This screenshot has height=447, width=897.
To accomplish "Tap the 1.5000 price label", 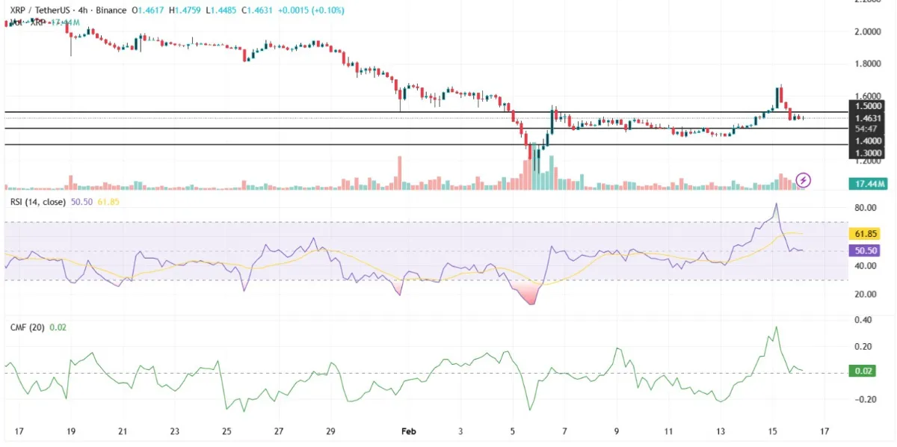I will click(x=867, y=106).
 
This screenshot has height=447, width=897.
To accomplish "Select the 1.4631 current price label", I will click(x=867, y=117).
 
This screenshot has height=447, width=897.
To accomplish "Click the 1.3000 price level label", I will click(x=867, y=152).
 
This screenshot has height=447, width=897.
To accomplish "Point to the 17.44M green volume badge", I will click(x=867, y=183).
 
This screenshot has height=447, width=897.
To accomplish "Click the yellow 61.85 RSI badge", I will click(x=867, y=234).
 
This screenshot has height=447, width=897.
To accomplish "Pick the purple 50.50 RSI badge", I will click(x=867, y=251).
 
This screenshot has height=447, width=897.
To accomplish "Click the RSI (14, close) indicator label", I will click(x=37, y=202).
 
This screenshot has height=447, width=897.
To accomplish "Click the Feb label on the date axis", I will click(x=408, y=431).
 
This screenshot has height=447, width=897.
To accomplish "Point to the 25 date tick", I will click(x=226, y=431).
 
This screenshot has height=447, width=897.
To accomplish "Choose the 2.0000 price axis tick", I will click(x=868, y=31).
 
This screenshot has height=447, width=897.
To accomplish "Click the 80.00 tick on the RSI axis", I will click(x=867, y=208).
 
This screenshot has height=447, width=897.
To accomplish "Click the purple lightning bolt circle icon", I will click(x=803, y=179).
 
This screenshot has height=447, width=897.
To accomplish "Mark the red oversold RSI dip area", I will click(x=530, y=296).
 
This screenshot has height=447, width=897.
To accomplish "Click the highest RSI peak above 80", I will click(x=776, y=203).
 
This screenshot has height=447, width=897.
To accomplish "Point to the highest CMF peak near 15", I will click(x=776, y=327).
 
